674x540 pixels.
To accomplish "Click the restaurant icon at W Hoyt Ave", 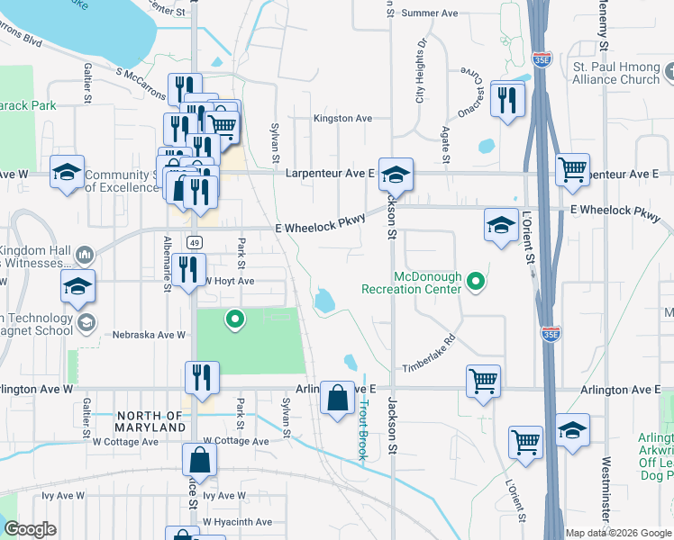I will (x=188, y=270).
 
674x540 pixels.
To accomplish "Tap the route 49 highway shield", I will (x=195, y=242).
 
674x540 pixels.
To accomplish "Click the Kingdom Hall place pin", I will (x=85, y=256).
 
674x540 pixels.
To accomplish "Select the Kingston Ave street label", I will (x=342, y=118).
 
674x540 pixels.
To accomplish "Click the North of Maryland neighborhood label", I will (x=150, y=421).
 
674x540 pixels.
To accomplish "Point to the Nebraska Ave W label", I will (x=149, y=335).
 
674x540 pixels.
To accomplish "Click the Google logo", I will (x=30, y=529).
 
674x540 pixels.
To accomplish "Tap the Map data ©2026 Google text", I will (x=617, y=533).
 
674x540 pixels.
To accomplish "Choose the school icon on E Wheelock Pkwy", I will (x=501, y=225).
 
